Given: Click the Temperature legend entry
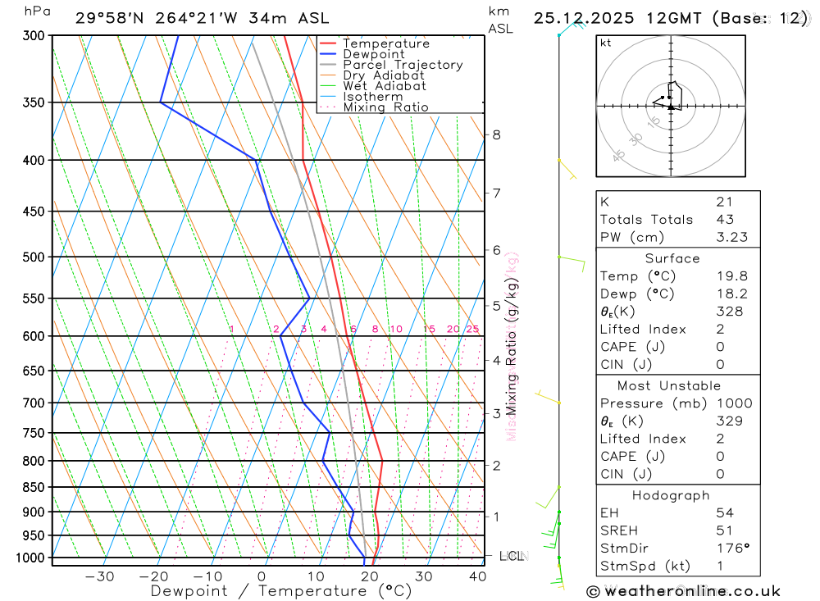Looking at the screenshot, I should (385, 43).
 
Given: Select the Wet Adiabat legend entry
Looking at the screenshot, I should (384, 86).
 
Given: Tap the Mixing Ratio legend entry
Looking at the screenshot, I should (385, 107).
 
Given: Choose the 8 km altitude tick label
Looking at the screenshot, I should (496, 134).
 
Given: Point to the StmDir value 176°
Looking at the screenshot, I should (728, 549).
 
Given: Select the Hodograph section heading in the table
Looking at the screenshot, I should (672, 495).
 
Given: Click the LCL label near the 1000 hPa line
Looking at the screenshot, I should (511, 558).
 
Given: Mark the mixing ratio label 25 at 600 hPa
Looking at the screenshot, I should (472, 330).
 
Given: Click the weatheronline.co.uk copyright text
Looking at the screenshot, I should (684, 591).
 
